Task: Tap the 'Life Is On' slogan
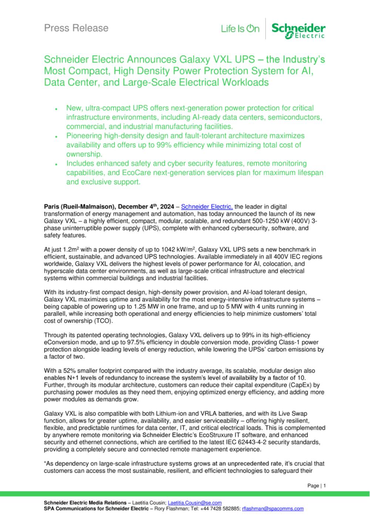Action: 240,29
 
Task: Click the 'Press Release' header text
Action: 76,28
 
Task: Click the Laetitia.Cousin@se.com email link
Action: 195,502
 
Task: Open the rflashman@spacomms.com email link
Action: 273,508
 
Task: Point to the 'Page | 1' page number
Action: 316,486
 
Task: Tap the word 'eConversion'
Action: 60,342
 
